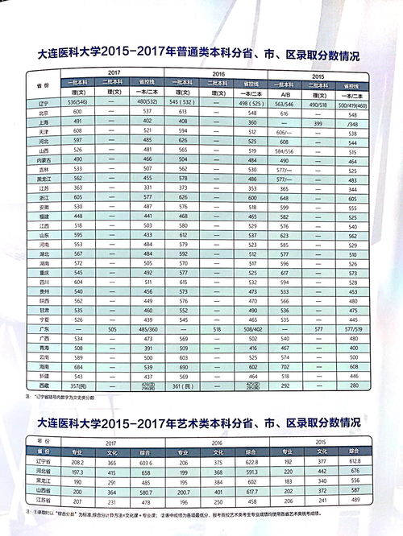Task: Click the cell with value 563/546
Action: coord(285,102)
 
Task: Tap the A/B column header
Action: coord(285,93)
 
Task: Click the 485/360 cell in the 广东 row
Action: coord(148,328)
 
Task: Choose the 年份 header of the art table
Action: coord(34,443)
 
